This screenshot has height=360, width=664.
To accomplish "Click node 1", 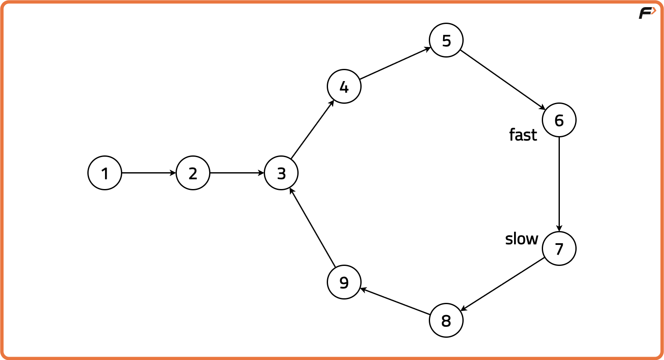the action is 105,173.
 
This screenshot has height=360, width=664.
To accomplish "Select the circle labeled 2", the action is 193,173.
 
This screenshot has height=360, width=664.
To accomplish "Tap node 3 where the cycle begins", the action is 281,173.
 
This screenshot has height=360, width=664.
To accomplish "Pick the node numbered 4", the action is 344,86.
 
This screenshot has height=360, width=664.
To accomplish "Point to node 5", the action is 446,40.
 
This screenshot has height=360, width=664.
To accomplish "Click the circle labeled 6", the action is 559,120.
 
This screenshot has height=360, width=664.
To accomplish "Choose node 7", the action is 559,249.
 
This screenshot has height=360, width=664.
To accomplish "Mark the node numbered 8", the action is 446,320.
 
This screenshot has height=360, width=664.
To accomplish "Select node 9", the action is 344,282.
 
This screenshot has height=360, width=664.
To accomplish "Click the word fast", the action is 523,134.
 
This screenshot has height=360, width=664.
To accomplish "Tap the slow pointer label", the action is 522,239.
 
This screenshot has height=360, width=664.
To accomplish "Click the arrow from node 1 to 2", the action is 149,173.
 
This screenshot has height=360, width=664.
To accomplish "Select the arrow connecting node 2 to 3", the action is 237,173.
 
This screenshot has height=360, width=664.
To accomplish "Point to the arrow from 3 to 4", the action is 312,129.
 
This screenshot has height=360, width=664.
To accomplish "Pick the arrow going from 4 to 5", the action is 395,63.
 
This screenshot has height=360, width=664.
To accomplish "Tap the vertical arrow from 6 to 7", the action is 559,184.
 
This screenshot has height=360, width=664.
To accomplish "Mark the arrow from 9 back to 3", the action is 312,227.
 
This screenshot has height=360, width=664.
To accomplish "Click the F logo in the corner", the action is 647,13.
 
